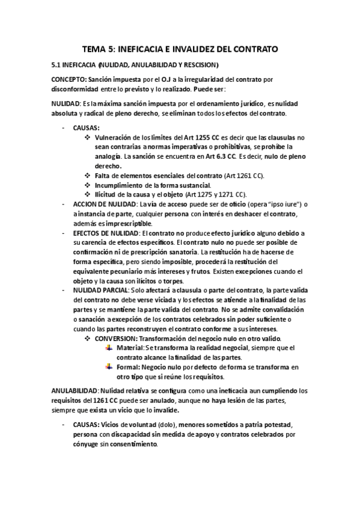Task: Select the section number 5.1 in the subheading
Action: tap(56, 64)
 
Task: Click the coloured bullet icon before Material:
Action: tap(108, 349)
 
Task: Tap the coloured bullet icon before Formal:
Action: tap(108, 367)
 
